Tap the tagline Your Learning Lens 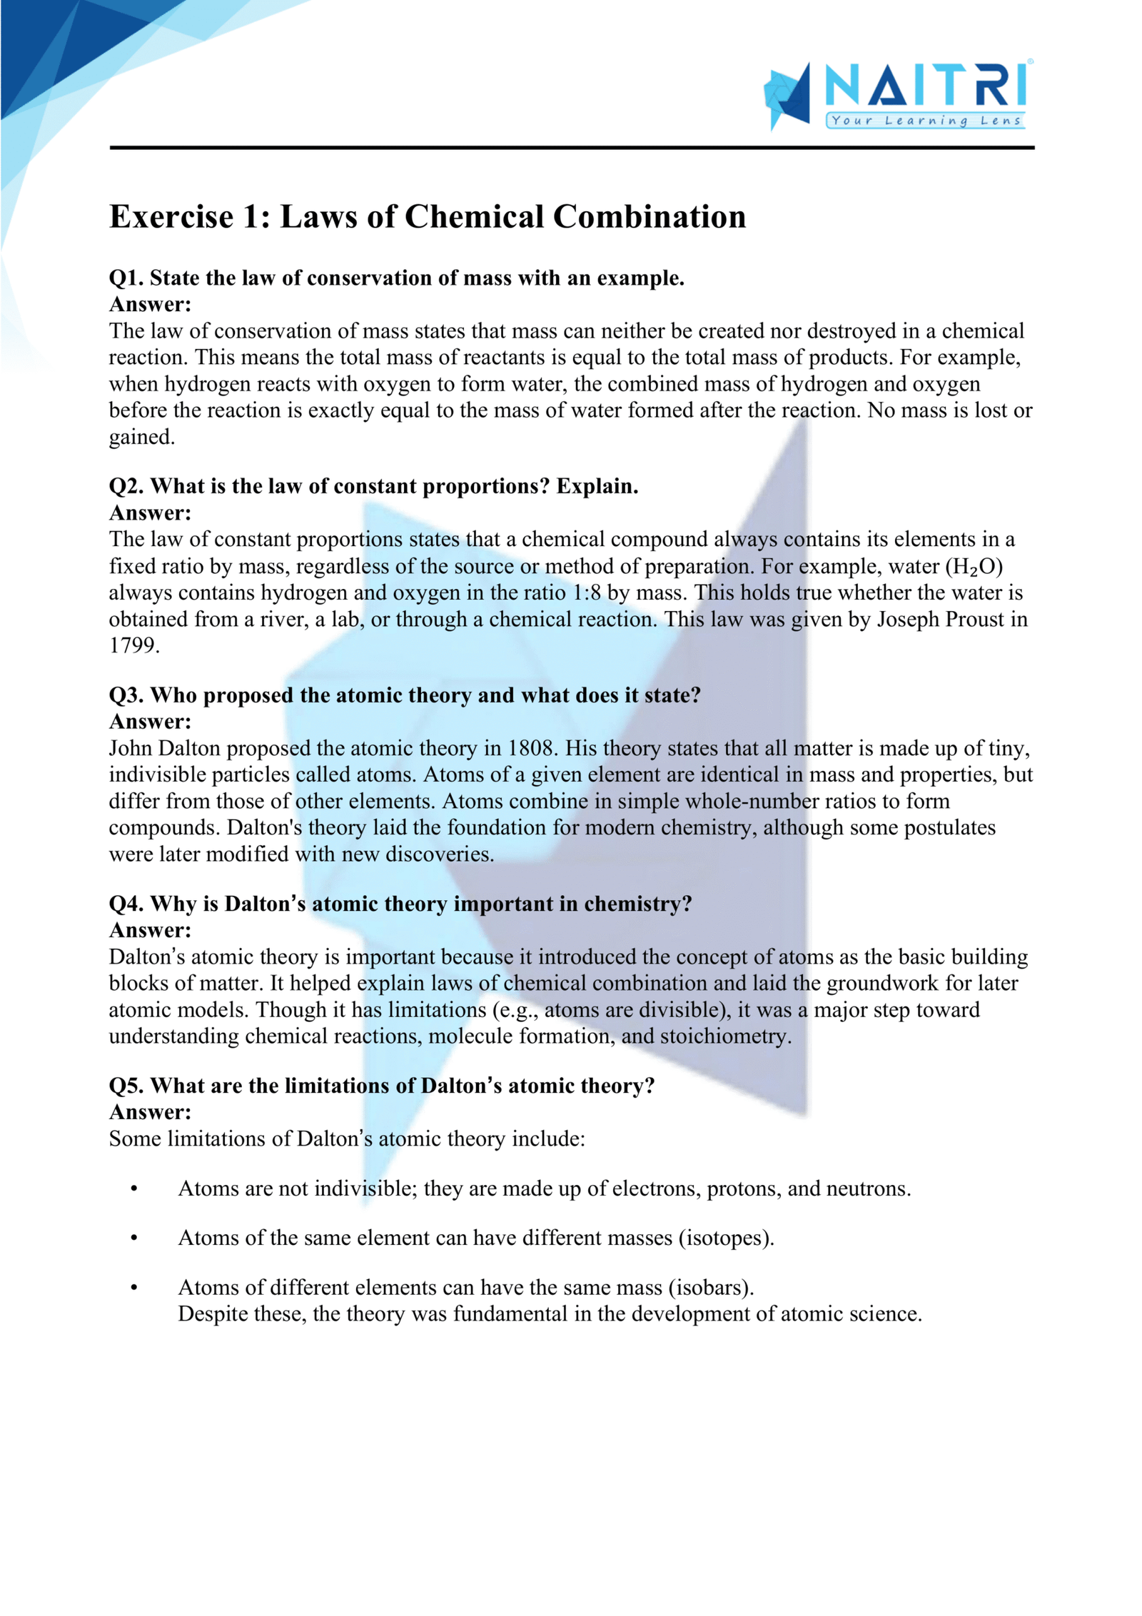[x=926, y=121]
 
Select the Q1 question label [x=126, y=278]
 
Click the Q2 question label [x=126, y=487]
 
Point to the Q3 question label [x=126, y=695]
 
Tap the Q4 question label [x=126, y=904]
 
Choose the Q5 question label [x=126, y=1086]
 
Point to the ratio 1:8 [x=586, y=593]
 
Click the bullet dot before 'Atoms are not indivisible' [x=134, y=1189]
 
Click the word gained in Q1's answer [x=141, y=438]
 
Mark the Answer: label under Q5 [x=150, y=1112]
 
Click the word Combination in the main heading [x=650, y=217]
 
